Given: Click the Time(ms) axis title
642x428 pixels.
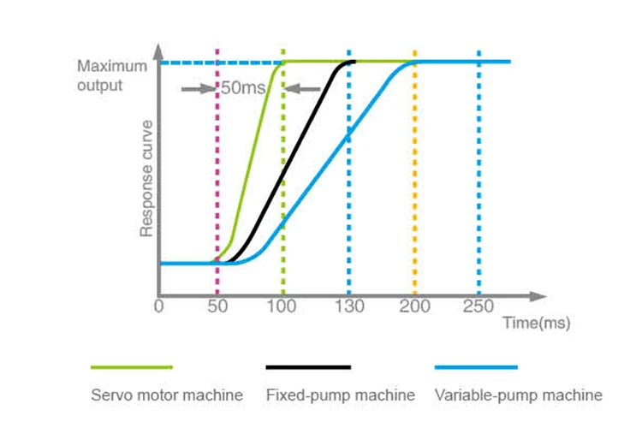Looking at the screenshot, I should (536, 323).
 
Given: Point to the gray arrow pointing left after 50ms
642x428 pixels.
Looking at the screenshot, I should (302, 87).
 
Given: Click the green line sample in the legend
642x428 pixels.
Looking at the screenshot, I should (132, 366).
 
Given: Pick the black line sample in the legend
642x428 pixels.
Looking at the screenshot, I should (308, 366).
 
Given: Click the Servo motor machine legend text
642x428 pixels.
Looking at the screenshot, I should (167, 395).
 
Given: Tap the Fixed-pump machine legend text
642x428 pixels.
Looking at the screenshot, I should (341, 395).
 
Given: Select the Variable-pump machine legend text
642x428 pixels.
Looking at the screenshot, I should (519, 395).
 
